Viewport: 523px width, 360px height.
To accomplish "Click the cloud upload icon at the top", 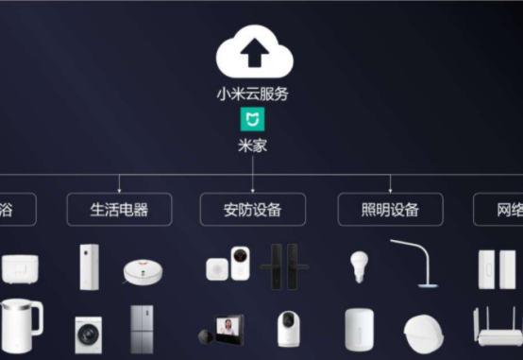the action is [x=253, y=55].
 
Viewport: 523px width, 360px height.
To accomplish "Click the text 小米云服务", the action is [x=253, y=94].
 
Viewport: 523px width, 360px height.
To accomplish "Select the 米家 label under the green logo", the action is [x=253, y=145].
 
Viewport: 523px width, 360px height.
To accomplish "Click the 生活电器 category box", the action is [x=119, y=209].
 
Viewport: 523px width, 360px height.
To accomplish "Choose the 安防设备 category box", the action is [x=253, y=209].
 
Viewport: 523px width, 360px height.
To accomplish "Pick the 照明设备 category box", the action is [x=390, y=209].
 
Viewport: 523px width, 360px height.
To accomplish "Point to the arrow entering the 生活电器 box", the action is [x=119, y=188].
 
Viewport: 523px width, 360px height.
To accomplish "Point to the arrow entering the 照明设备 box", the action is [x=390, y=188].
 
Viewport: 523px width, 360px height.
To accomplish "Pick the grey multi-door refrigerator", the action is [x=143, y=329].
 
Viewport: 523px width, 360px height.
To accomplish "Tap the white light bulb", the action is [x=359, y=266].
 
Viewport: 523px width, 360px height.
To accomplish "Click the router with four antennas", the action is [x=495, y=331].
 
